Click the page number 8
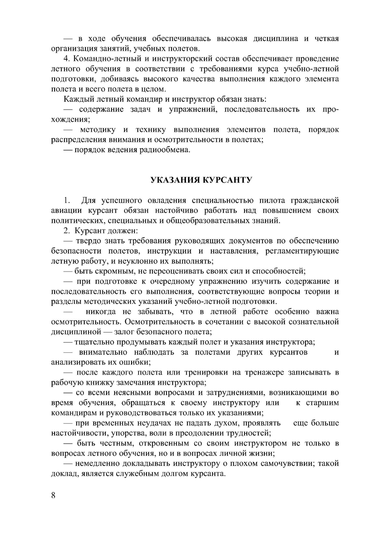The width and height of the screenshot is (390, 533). [x=53, y=495]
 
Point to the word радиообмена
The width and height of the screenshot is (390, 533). [x=168, y=150]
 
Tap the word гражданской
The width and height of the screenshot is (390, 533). [x=315, y=200]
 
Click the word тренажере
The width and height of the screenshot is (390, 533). [x=265, y=372]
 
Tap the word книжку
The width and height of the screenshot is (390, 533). [x=92, y=382]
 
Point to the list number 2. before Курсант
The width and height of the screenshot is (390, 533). [x=67, y=231]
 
